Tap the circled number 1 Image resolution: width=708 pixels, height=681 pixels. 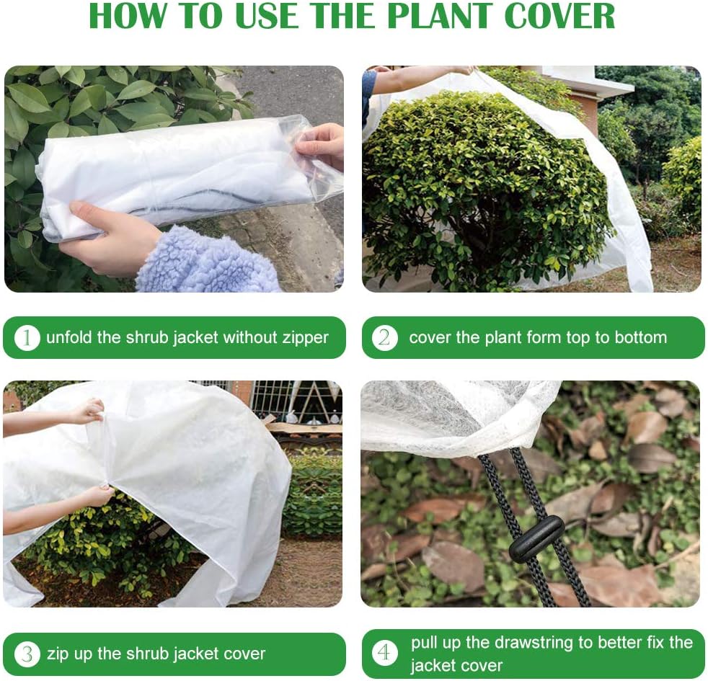27,337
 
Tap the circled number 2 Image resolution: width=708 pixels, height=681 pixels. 384,337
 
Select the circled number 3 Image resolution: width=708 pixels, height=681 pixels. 27,654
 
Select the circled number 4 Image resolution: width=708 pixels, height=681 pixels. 385,654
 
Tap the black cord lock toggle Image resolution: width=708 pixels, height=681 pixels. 536,539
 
